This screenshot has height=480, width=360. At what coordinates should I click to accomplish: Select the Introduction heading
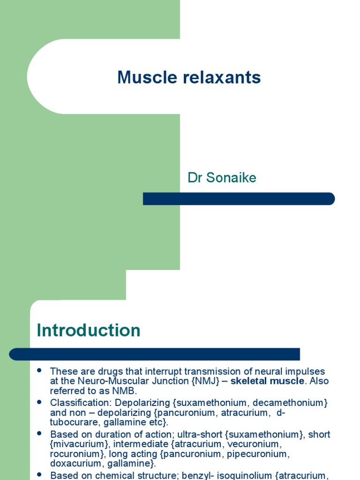point(89,330)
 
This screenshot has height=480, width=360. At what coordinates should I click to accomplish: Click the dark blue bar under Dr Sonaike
point(239,199)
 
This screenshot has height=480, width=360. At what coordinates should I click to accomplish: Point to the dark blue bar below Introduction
point(155,354)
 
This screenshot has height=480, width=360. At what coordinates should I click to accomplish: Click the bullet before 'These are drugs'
point(39,370)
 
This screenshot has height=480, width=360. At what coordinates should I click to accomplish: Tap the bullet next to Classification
point(39,402)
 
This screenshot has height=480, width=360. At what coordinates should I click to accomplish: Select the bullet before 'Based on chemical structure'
point(39,474)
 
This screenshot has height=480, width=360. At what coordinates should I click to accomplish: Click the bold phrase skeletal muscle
point(267,381)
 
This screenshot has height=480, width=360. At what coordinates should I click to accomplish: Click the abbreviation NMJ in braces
point(205,381)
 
